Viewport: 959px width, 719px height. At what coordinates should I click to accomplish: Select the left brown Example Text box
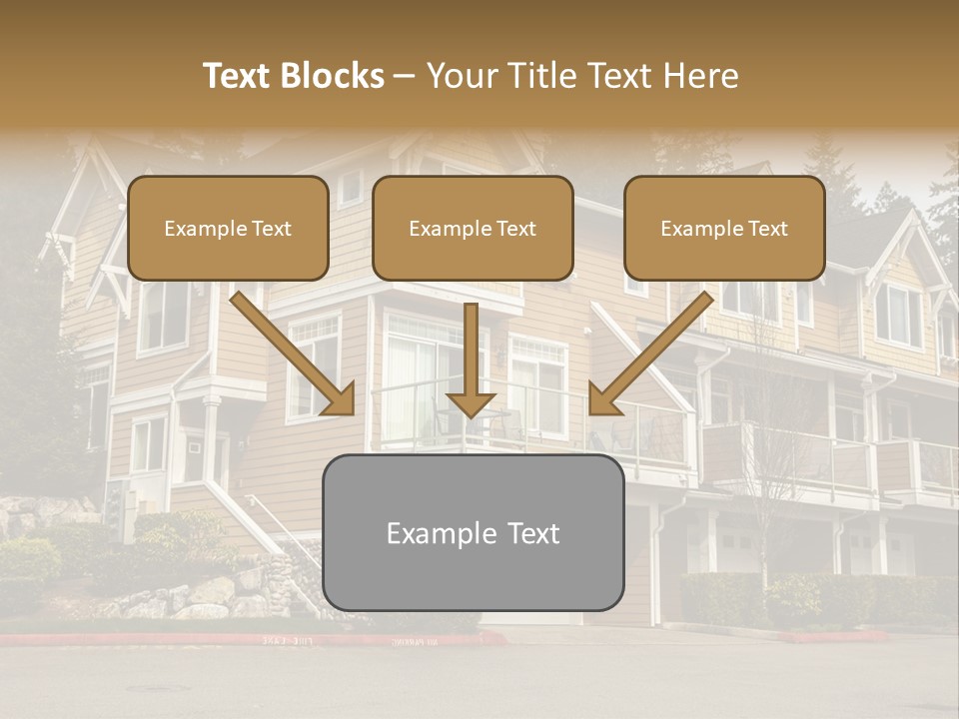(228, 228)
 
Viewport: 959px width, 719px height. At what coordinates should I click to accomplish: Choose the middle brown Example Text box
(473, 228)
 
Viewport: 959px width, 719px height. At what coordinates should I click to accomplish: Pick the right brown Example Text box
(724, 228)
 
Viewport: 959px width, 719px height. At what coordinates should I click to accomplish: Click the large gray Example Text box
(473, 532)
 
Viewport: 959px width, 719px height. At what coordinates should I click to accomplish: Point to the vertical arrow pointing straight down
(471, 359)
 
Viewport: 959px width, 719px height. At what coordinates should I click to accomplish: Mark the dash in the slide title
(405, 76)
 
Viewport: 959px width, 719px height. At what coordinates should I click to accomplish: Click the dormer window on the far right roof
(898, 315)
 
